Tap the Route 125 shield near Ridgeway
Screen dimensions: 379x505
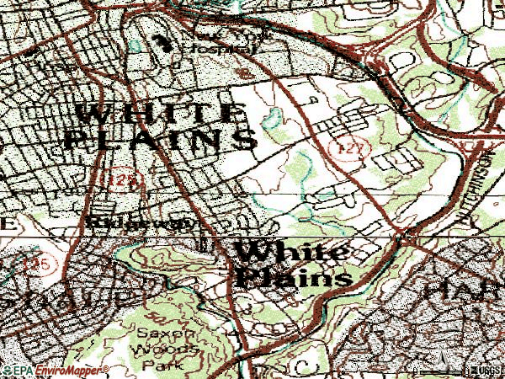(x=117, y=179)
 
